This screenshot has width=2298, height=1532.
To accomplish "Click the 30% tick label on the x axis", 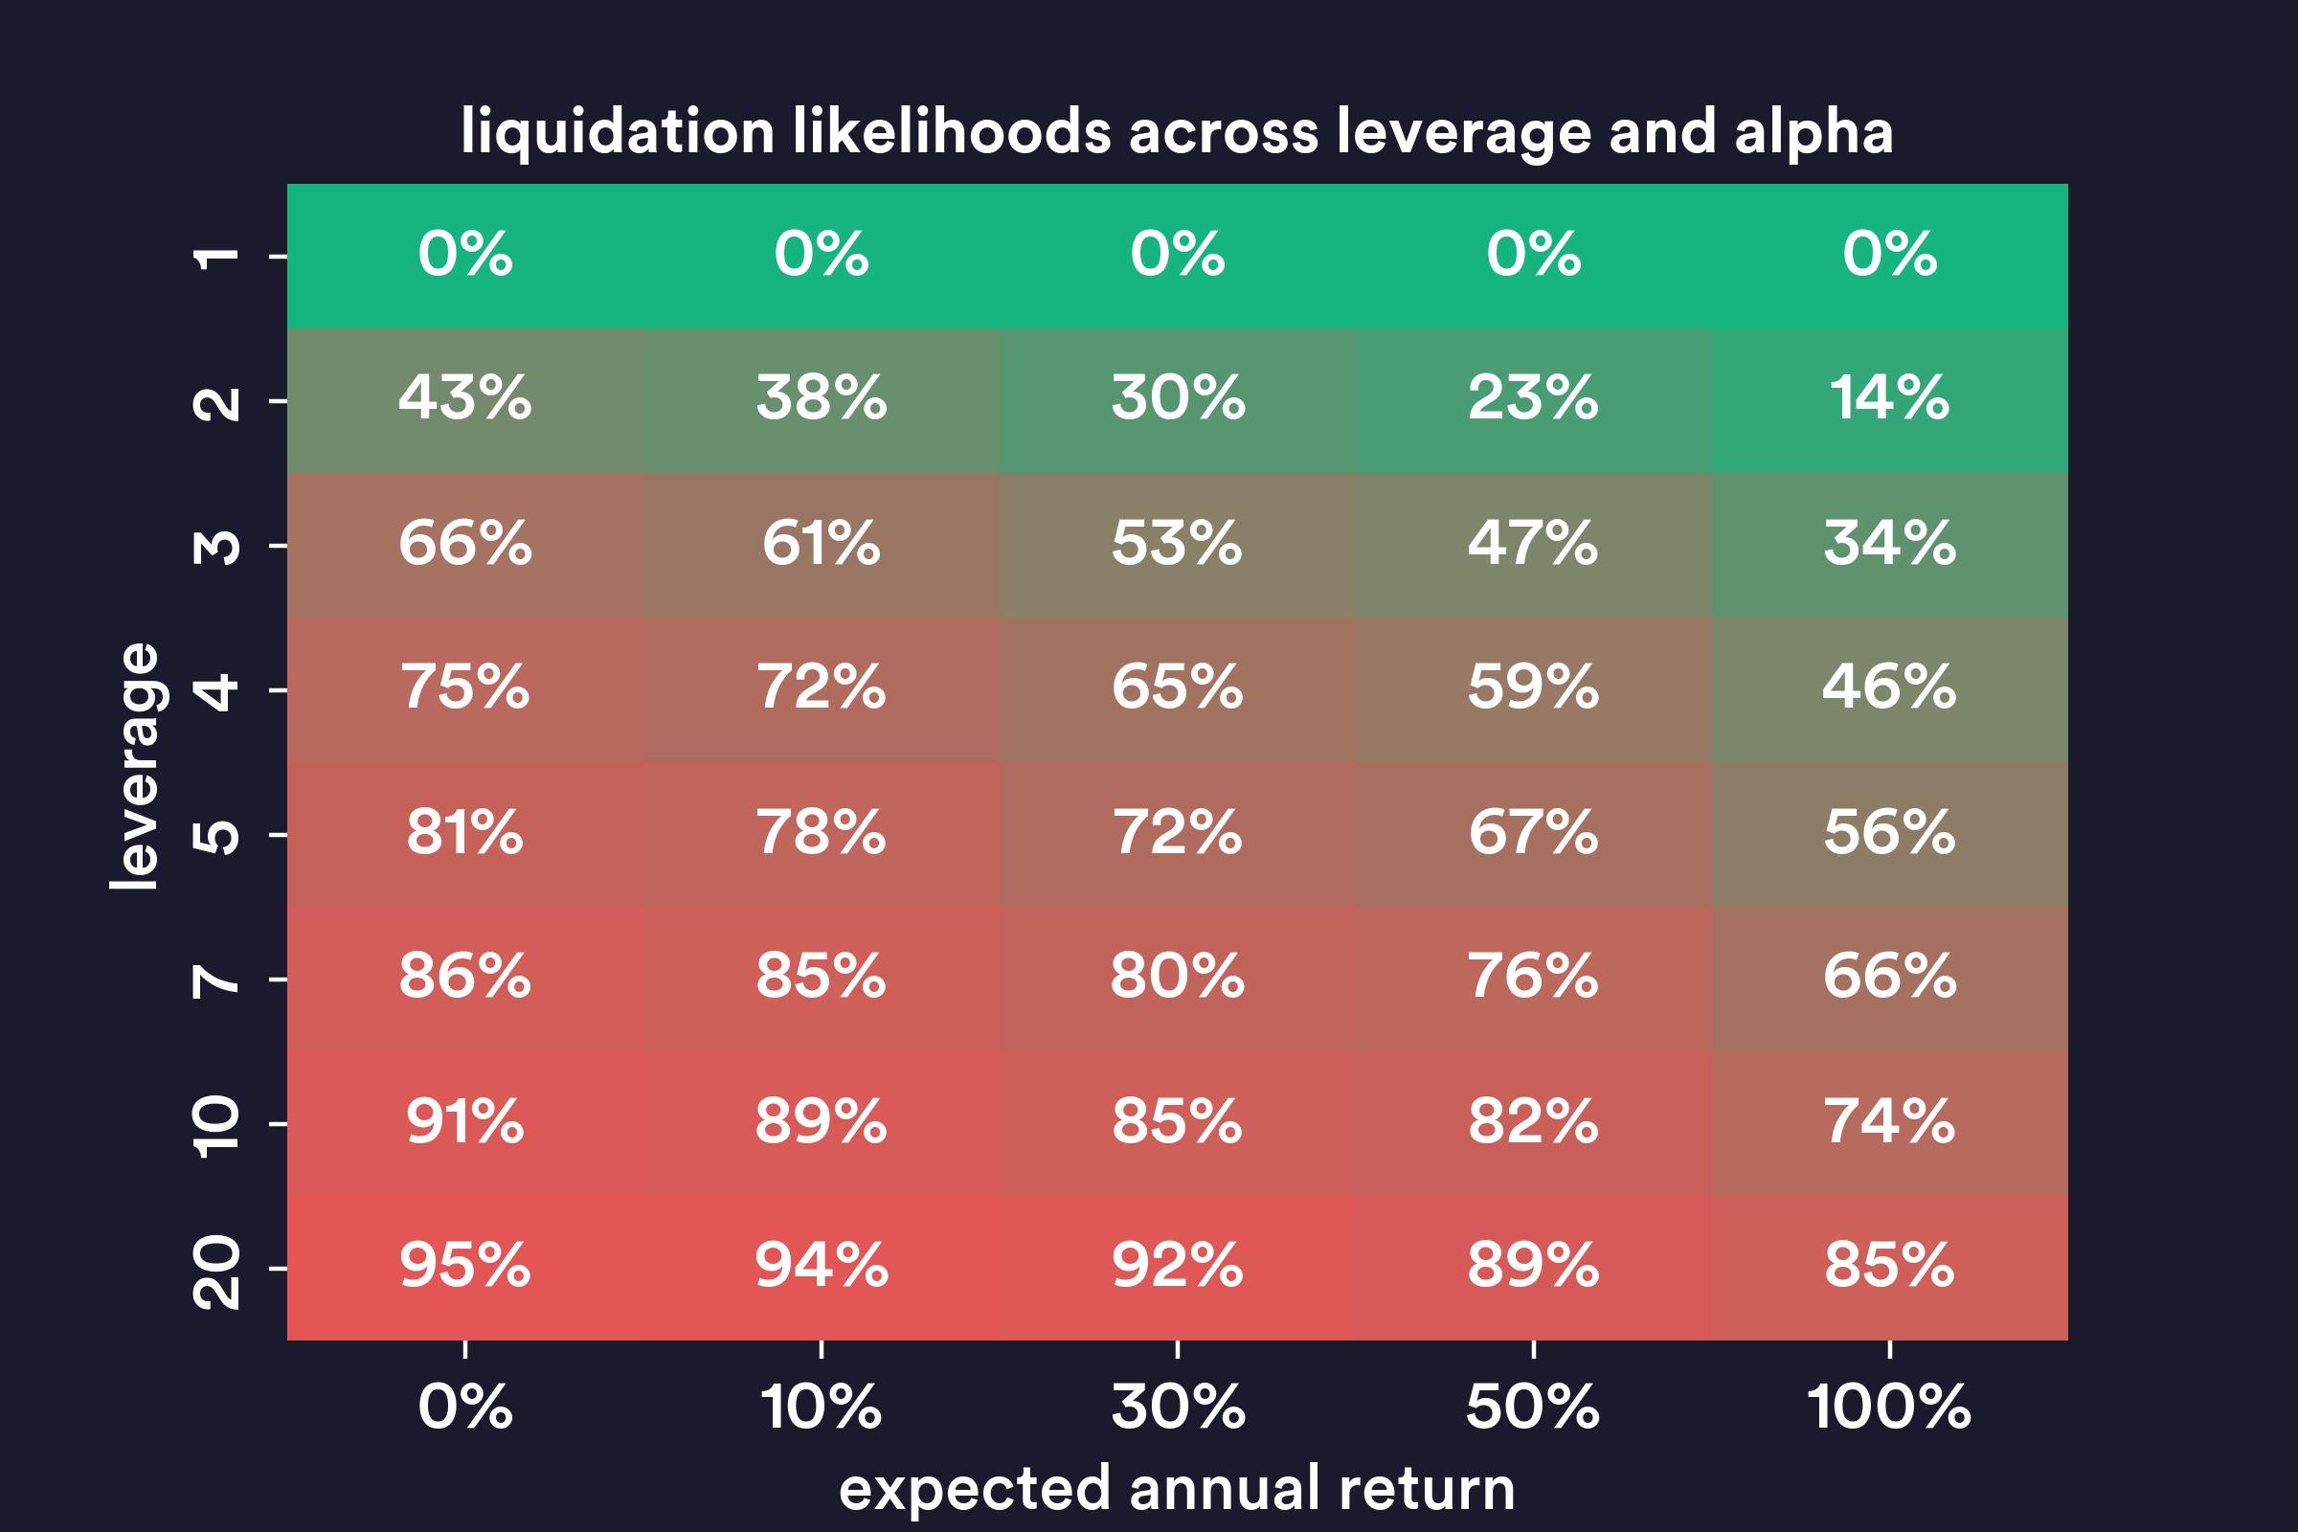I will click(1178, 1408).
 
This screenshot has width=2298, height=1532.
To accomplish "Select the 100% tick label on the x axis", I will click(1888, 1408).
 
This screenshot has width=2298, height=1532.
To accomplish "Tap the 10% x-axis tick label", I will click(821, 1408).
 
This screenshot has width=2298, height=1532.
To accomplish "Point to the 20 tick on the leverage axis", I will click(216, 1272).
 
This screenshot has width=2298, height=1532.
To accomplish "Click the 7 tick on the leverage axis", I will click(216, 979).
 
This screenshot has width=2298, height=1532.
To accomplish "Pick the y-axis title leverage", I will click(135, 766).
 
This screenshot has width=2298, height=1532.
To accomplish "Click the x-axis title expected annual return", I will click(1177, 1489).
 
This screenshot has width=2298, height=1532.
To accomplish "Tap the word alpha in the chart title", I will click(1814, 132).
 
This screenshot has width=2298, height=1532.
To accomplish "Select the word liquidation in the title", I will click(618, 132).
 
